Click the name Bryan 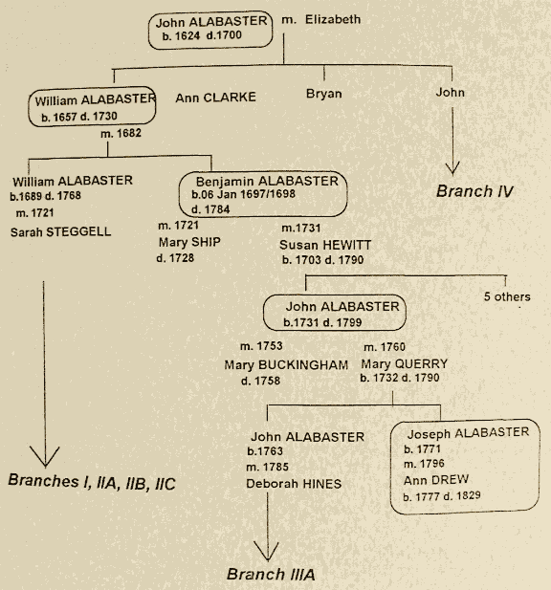tap(323, 95)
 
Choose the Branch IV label tap(475, 191)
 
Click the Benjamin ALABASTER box tap(262, 195)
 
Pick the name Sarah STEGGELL tap(61, 231)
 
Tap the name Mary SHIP tap(189, 242)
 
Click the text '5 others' tap(506, 296)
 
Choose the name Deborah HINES tap(294, 484)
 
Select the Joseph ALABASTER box tap(460, 464)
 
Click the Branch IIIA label tap(271, 575)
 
